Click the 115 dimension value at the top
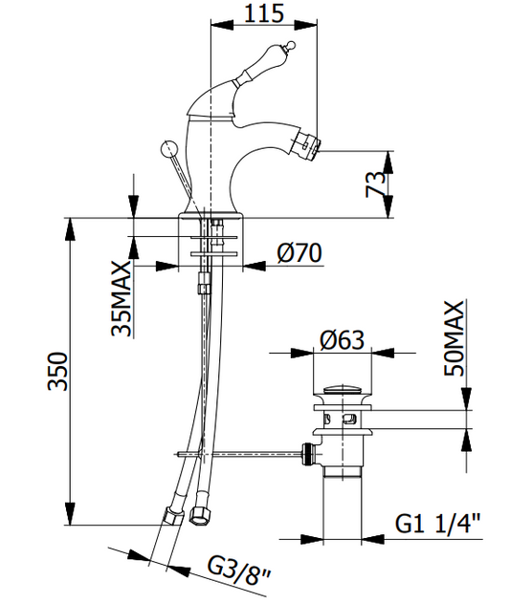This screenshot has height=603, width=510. click(x=264, y=13)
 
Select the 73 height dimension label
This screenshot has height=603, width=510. click(x=376, y=184)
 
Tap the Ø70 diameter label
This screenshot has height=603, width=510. click(x=299, y=253)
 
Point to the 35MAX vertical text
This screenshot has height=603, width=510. click(x=122, y=299)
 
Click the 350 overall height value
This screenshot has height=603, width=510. click(x=57, y=371)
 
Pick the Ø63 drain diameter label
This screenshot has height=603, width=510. click(x=342, y=340)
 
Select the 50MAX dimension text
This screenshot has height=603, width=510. click(x=455, y=338)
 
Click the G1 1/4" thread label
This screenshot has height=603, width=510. click(x=438, y=524)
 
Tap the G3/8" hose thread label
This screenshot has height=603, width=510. click(x=239, y=572)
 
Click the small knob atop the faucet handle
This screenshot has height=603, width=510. click(x=291, y=45)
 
